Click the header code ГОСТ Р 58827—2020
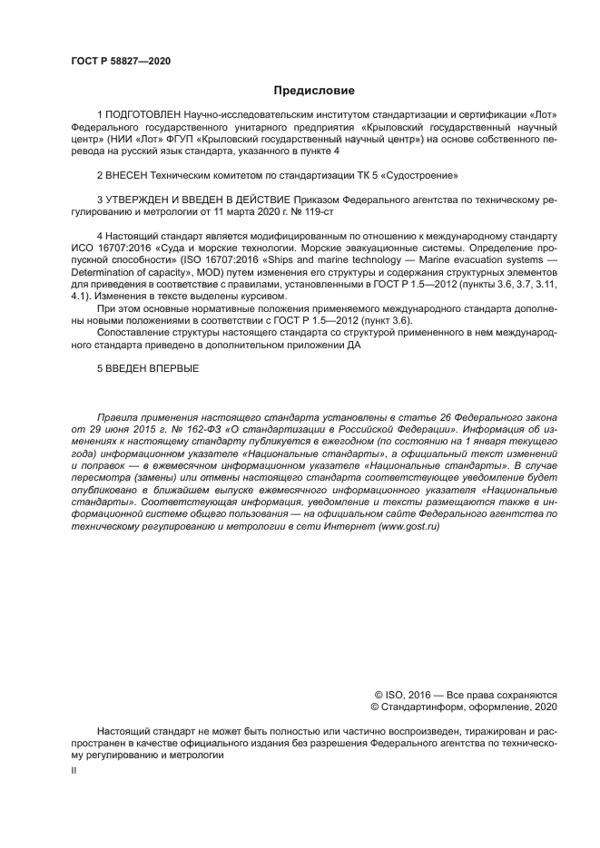pos(121,62)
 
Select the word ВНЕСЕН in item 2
pos(129,173)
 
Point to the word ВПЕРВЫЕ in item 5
pos(171,368)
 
